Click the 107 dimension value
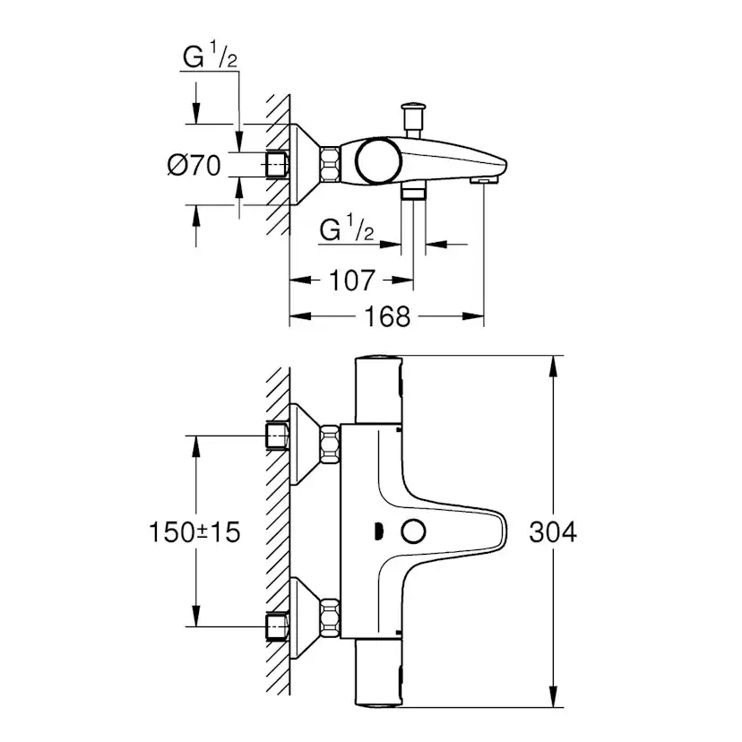(351, 280)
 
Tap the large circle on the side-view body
(376, 161)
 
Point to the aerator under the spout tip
(481, 180)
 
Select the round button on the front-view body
(413, 532)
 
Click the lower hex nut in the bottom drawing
(332, 618)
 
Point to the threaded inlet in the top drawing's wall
(277, 165)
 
